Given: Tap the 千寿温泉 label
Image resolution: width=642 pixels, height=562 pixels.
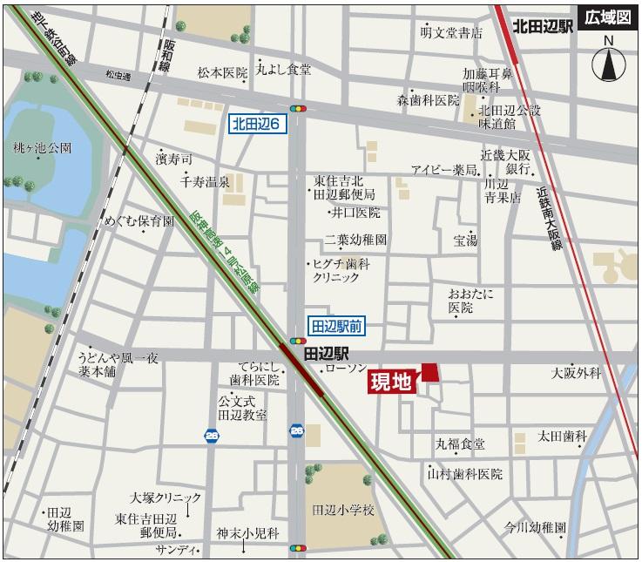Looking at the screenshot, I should pyautogui.click(x=205, y=182).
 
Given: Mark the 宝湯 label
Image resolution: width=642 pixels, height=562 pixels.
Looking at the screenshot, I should pyautogui.click(x=464, y=240).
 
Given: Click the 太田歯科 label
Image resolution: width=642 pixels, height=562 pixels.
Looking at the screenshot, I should pyautogui.click(x=563, y=435).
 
